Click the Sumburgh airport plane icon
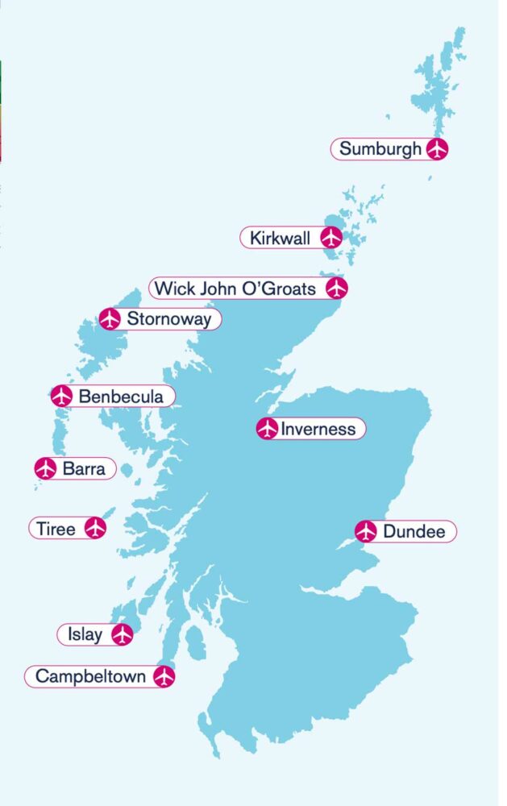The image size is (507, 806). (x=436, y=149)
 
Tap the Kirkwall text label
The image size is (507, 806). (x=280, y=238)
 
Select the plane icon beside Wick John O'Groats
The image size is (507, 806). (x=336, y=288)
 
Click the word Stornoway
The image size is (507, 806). (x=169, y=319)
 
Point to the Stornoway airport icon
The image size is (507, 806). (x=110, y=319)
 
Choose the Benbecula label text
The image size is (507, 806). (x=121, y=396)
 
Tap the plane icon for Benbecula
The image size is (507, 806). (x=61, y=396)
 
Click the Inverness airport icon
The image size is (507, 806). (x=267, y=429)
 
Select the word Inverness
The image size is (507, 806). (x=318, y=429)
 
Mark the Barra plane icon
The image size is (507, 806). (x=46, y=468)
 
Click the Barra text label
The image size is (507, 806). (x=84, y=468)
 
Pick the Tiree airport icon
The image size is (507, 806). (x=95, y=529)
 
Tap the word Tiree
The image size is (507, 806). (x=56, y=529)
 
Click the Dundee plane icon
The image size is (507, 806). (x=366, y=531)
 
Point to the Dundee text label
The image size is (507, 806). (x=413, y=531)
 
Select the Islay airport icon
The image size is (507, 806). (x=122, y=634)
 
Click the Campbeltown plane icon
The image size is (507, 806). (x=164, y=676)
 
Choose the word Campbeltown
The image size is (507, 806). (x=90, y=676)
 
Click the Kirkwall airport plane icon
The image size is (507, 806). (x=330, y=238)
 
